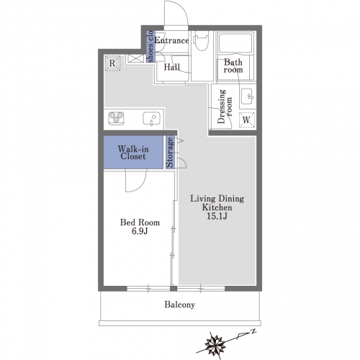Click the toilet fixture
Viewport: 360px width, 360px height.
click(201, 41)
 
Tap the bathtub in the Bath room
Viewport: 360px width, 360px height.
click(235, 42)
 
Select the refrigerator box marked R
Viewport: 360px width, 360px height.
click(112, 63)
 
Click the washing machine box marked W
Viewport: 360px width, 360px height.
click(247, 120)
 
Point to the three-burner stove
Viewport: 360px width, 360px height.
click(116, 118)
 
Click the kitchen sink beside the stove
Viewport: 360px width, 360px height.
click(152, 119)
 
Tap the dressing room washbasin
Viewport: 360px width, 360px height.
click(247, 96)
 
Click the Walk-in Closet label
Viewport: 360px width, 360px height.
click(133, 153)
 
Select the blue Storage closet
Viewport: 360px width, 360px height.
click(170, 152)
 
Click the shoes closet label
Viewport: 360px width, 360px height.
click(150, 46)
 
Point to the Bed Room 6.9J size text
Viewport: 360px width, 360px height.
click(140, 231)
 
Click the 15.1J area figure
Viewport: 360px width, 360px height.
click(217, 216)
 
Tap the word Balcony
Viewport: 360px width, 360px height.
click(179, 305)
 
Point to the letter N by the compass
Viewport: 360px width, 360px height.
click(253, 331)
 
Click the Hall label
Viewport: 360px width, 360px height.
click(172, 67)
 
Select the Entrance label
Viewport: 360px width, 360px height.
click(171, 40)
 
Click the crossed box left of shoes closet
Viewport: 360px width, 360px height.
click(135, 58)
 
